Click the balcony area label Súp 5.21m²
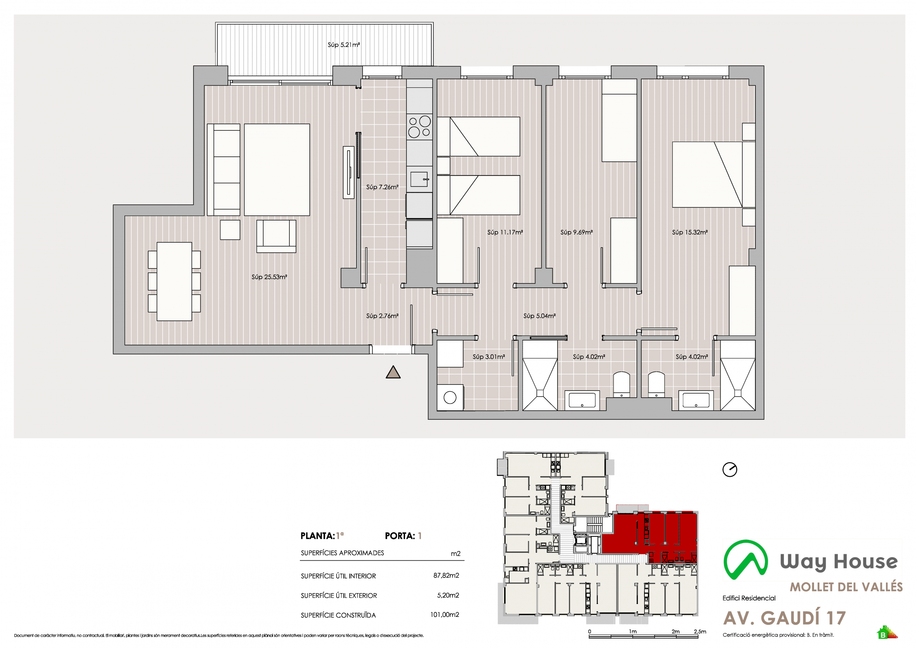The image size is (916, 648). [x=343, y=45]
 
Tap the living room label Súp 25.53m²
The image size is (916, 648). [x=269, y=277]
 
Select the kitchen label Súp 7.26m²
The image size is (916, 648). [x=382, y=187]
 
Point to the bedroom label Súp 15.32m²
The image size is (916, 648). [x=690, y=232]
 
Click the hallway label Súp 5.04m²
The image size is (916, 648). [x=539, y=316]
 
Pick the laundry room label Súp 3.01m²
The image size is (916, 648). [x=489, y=357]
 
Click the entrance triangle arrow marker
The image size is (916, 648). [x=393, y=372]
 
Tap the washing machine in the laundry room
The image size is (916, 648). [x=450, y=397]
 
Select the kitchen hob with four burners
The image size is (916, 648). [x=419, y=127]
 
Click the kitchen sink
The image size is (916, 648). [x=420, y=179]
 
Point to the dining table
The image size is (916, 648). [x=174, y=281]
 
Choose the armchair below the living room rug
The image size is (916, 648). [x=276, y=236]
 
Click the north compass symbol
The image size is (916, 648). [x=730, y=469]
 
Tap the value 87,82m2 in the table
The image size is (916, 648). [x=446, y=575]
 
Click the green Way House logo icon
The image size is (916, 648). [x=746, y=560]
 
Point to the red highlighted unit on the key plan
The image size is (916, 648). [x=654, y=535]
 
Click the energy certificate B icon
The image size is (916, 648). [x=886, y=633]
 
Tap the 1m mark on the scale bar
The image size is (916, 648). [x=633, y=632]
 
